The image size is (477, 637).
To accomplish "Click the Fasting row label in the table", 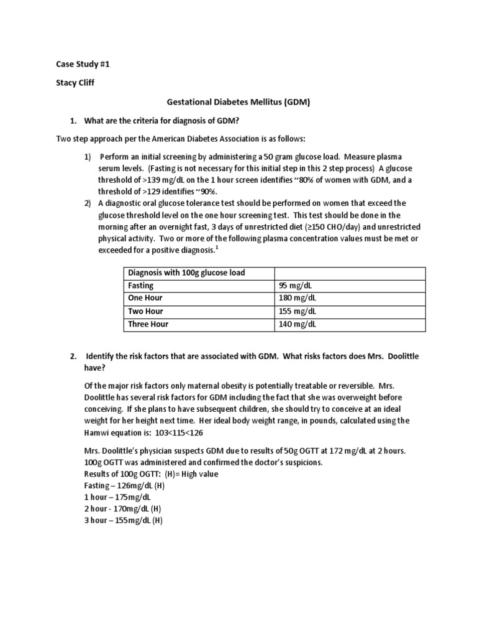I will pos(141,286).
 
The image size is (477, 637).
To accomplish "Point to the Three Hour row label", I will pos(148,324).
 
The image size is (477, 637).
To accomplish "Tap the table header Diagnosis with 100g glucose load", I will pos(186,272).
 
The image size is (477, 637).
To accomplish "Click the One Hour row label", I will pos(145,298).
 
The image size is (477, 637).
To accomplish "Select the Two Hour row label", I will pos(145,311).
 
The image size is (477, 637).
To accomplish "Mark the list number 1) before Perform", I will pos(89,156).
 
